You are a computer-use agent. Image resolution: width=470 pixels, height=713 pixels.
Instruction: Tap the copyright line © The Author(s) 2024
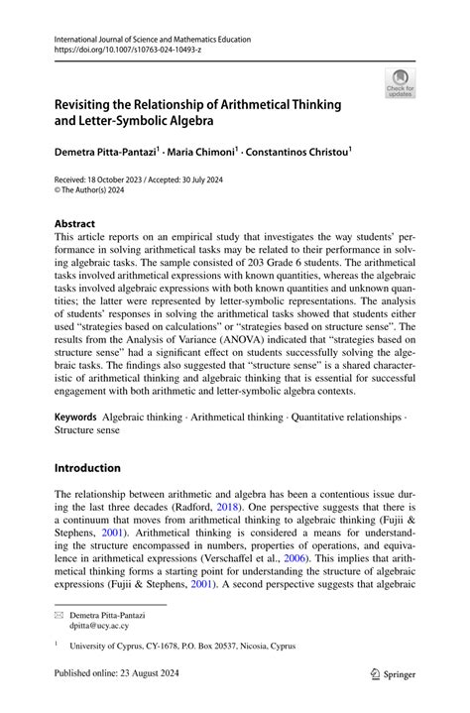click(x=99, y=192)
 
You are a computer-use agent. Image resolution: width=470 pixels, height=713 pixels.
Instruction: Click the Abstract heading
click(x=75, y=224)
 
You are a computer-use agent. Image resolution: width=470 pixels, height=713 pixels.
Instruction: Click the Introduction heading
click(x=87, y=467)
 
